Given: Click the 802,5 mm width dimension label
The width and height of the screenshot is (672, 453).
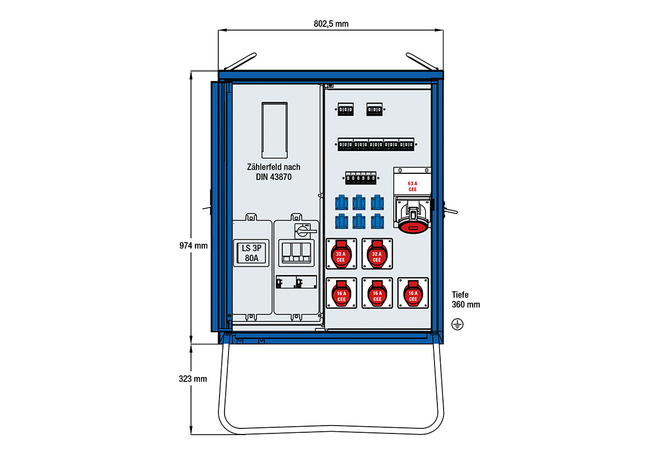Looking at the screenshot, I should pyautogui.click(x=332, y=23).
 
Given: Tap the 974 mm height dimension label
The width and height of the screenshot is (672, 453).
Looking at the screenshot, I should pyautogui.click(x=194, y=245).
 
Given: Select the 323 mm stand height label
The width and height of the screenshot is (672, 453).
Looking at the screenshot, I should pyautogui.click(x=193, y=379).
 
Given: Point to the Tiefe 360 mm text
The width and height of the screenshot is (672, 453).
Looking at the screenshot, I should pyautogui.click(x=465, y=299).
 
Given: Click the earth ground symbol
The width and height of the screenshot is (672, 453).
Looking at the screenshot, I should pyautogui.click(x=458, y=323).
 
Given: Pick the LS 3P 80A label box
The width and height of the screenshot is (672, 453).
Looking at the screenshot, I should pyautogui.click(x=251, y=253).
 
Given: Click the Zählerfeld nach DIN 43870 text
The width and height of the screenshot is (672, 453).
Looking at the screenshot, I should pyautogui.click(x=273, y=172).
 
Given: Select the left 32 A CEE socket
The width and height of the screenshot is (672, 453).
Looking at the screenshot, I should pyautogui.click(x=341, y=257).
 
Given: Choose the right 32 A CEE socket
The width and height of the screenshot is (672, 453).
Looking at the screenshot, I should pyautogui.click(x=377, y=257).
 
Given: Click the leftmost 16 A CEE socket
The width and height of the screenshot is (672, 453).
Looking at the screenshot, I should pyautogui.click(x=341, y=293).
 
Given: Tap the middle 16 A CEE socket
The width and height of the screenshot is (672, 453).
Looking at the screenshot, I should pyautogui.click(x=377, y=293).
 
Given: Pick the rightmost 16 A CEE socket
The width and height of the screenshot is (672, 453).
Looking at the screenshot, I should pyautogui.click(x=413, y=293).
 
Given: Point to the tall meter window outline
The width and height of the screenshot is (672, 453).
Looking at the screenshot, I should pyautogui.click(x=274, y=129).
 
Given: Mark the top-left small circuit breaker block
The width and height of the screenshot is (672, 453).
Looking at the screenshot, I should pyautogui.click(x=345, y=110).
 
